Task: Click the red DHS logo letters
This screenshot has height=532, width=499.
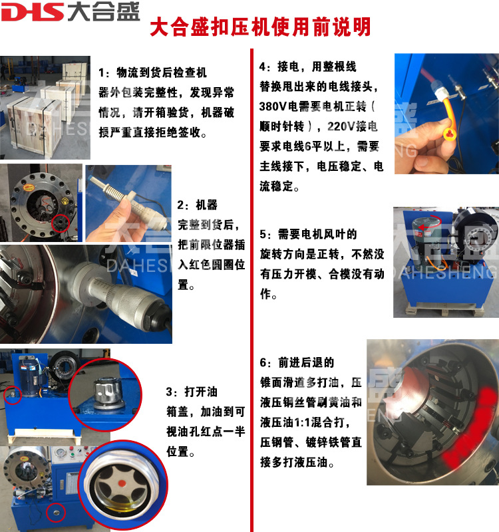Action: click(x=32, y=13)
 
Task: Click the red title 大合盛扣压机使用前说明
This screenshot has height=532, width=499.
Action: click(x=260, y=27)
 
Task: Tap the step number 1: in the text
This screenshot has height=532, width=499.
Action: click(x=104, y=72)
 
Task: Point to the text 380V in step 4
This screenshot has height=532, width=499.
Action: click(x=273, y=106)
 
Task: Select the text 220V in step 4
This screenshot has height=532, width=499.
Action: click(x=341, y=126)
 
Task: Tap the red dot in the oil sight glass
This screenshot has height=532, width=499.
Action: click(x=122, y=483)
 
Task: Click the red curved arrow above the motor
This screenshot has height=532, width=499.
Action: click(x=430, y=221)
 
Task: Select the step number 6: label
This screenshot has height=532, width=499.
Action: click(x=265, y=363)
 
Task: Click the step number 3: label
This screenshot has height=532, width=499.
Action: click(x=172, y=392)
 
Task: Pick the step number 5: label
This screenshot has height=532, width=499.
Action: click(x=265, y=235)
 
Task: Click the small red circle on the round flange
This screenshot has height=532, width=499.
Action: click(x=61, y=223)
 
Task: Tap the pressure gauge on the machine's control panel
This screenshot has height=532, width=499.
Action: click(x=60, y=454)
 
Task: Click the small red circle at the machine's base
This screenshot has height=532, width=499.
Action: click(x=56, y=512)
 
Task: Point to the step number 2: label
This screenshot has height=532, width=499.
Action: click(x=183, y=205)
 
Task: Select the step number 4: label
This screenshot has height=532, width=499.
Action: click(x=265, y=67)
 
